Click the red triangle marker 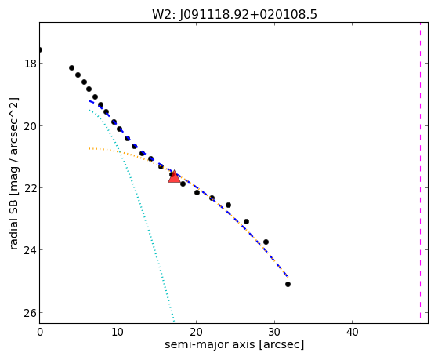(x=174, y=177)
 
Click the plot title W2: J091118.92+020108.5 (x=234, y=14)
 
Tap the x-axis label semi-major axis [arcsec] (x=234, y=344)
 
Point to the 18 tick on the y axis (x=30, y=64)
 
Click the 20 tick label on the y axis (x=30, y=126)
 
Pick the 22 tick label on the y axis (x=30, y=188)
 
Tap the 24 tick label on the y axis (x=30, y=250)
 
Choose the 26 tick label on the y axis (x=30, y=313)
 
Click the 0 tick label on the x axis (x=40, y=333)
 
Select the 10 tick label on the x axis (x=118, y=333)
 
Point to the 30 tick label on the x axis (x=274, y=333)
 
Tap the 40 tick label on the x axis (x=353, y=333)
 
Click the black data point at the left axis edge (x=40, y=49)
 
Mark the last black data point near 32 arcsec (x=288, y=284)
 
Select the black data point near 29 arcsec (x=266, y=242)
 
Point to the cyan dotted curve (x=143, y=213)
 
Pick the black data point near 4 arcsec (x=71, y=67)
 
